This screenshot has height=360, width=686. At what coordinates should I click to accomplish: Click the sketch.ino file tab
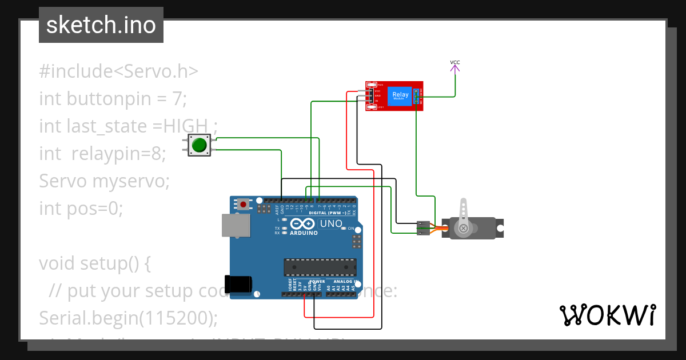point(101,25)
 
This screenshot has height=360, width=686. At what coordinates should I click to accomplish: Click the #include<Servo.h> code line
point(118,71)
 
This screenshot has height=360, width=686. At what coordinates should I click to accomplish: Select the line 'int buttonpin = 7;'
point(113,99)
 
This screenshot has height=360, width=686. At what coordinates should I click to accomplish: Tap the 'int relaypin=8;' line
point(102,154)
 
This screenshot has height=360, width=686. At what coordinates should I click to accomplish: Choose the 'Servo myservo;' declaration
point(105,181)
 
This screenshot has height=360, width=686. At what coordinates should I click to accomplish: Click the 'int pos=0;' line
point(81,209)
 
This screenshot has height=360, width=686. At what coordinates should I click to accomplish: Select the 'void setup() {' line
point(95,263)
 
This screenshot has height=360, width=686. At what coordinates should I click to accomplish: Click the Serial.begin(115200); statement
point(128,318)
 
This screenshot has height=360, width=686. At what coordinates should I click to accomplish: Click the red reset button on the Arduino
point(244,203)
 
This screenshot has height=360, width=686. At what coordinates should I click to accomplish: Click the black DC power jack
point(238,284)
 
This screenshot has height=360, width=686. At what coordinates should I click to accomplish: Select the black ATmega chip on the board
point(320,267)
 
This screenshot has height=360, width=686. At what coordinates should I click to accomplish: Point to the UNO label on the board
point(330,223)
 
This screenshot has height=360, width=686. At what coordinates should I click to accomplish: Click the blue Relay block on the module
point(400,95)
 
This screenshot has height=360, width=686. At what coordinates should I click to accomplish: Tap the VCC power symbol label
point(455,62)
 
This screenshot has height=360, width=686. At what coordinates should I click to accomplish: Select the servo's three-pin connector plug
point(424,227)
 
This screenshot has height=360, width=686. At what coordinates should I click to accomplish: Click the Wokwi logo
point(607,315)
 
